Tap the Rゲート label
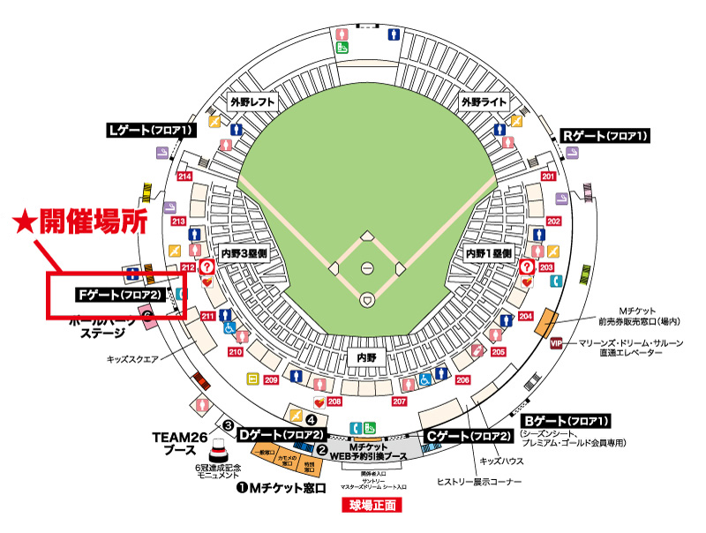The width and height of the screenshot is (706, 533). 605,136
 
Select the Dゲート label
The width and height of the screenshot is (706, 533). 282,434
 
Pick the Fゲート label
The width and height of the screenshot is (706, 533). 118,293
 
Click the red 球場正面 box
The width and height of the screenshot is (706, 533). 371,506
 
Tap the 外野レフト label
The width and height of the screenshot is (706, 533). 252,101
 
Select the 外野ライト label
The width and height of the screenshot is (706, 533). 483,101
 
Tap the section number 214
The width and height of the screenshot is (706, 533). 185,176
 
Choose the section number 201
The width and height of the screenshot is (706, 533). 549,176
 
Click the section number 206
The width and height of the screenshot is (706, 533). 462,379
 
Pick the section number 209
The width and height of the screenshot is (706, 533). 271,380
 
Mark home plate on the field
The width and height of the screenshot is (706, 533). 366,301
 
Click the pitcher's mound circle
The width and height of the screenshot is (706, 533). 366,267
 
